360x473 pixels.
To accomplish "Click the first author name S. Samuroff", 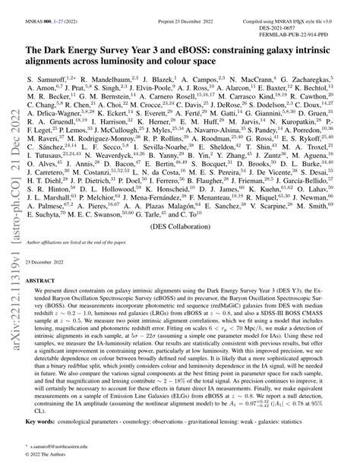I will (x=45, y=78).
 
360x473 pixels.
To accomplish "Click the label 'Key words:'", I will (x=39, y=439).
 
